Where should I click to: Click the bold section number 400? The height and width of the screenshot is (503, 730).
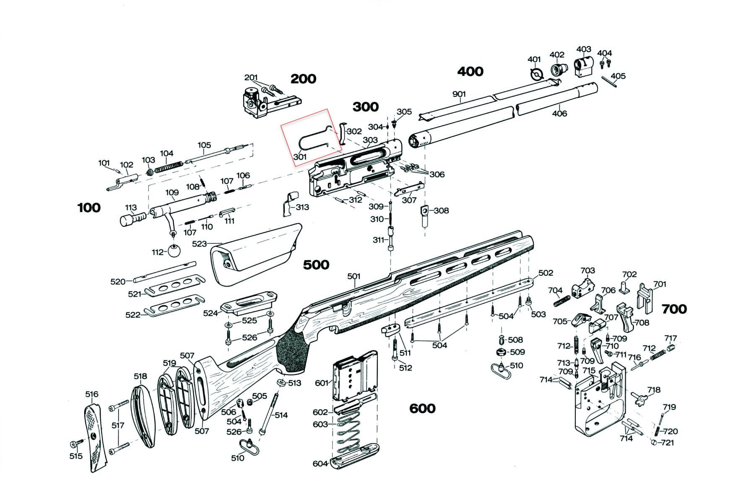[x=470, y=71]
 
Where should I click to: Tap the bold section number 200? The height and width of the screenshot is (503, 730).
[x=303, y=79]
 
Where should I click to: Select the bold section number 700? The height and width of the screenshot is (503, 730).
[x=674, y=309]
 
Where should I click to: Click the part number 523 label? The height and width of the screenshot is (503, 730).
[x=199, y=244]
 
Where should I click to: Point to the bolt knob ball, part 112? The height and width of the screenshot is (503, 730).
[x=174, y=251]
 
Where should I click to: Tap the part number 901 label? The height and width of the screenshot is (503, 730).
[x=459, y=94]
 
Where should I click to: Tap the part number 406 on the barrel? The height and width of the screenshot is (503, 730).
[x=559, y=113]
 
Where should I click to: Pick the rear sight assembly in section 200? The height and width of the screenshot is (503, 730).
[x=258, y=102]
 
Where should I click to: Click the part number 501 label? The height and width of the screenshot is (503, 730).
[x=354, y=276]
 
